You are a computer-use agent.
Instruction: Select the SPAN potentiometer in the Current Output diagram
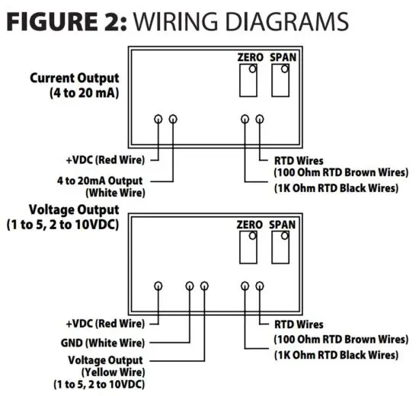pyautogui.click(x=281, y=80)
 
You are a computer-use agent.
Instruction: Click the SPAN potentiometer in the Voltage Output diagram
pyautogui.click(x=281, y=247)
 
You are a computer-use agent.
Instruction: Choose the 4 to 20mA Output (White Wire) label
pyautogui.click(x=104, y=186)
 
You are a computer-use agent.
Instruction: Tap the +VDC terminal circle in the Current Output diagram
pyautogui.click(x=158, y=119)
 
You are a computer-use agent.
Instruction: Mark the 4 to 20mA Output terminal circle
pyautogui.click(x=173, y=119)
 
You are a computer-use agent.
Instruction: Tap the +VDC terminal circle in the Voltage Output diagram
pyautogui.click(x=158, y=286)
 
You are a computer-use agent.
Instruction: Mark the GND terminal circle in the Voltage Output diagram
pyautogui.click(x=189, y=286)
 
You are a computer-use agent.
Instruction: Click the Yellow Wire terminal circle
pyautogui.click(x=204, y=286)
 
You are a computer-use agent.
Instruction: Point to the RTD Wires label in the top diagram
pyautogui.click(x=299, y=161)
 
